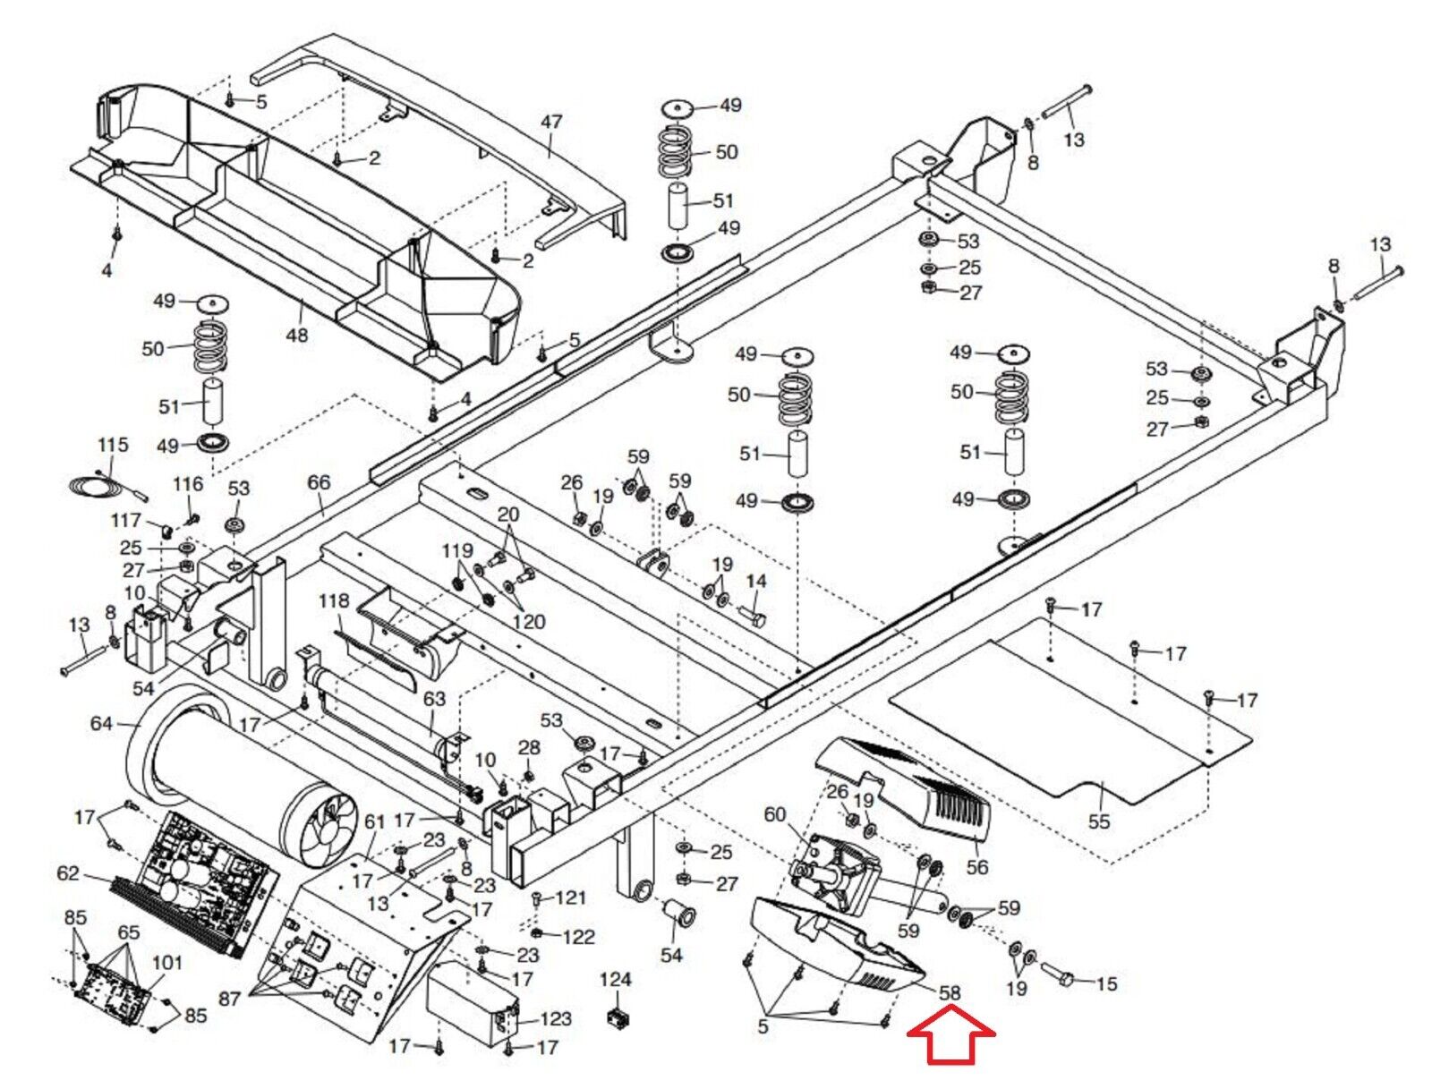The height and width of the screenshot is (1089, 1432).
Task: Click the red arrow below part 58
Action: coord(951,1035)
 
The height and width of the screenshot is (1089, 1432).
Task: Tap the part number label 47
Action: coord(551,121)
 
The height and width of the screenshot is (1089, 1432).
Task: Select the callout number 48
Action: coord(296,335)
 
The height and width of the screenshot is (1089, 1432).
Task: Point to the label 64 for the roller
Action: coord(102,723)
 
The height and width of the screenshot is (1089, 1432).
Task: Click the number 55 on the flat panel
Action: coord(1098,821)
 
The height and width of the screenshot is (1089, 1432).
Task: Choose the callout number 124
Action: coord(615,980)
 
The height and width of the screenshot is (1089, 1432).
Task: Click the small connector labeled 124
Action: coord(616,1017)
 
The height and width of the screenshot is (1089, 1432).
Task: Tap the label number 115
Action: coord(113,445)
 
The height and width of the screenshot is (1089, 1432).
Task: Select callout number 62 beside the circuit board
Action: coord(68,872)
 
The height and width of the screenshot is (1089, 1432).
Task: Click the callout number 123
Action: coord(556,1018)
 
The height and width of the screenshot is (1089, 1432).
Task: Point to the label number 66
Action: coord(319,482)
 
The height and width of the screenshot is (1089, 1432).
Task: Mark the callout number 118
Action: coord(334,600)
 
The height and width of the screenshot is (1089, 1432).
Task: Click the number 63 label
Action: coord(434,699)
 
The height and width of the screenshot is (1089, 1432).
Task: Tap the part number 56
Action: coord(977,866)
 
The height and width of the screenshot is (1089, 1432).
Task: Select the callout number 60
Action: coord(774,814)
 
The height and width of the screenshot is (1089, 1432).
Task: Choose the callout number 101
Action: coord(166,963)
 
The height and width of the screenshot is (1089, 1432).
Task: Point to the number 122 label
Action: coord(579,937)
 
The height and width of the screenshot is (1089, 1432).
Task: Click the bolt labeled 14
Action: coord(752,617)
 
